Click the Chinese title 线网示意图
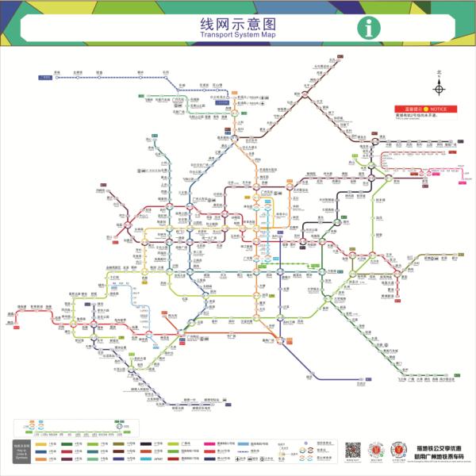[237, 23]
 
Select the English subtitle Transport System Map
[237, 36]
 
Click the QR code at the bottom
[353, 449]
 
